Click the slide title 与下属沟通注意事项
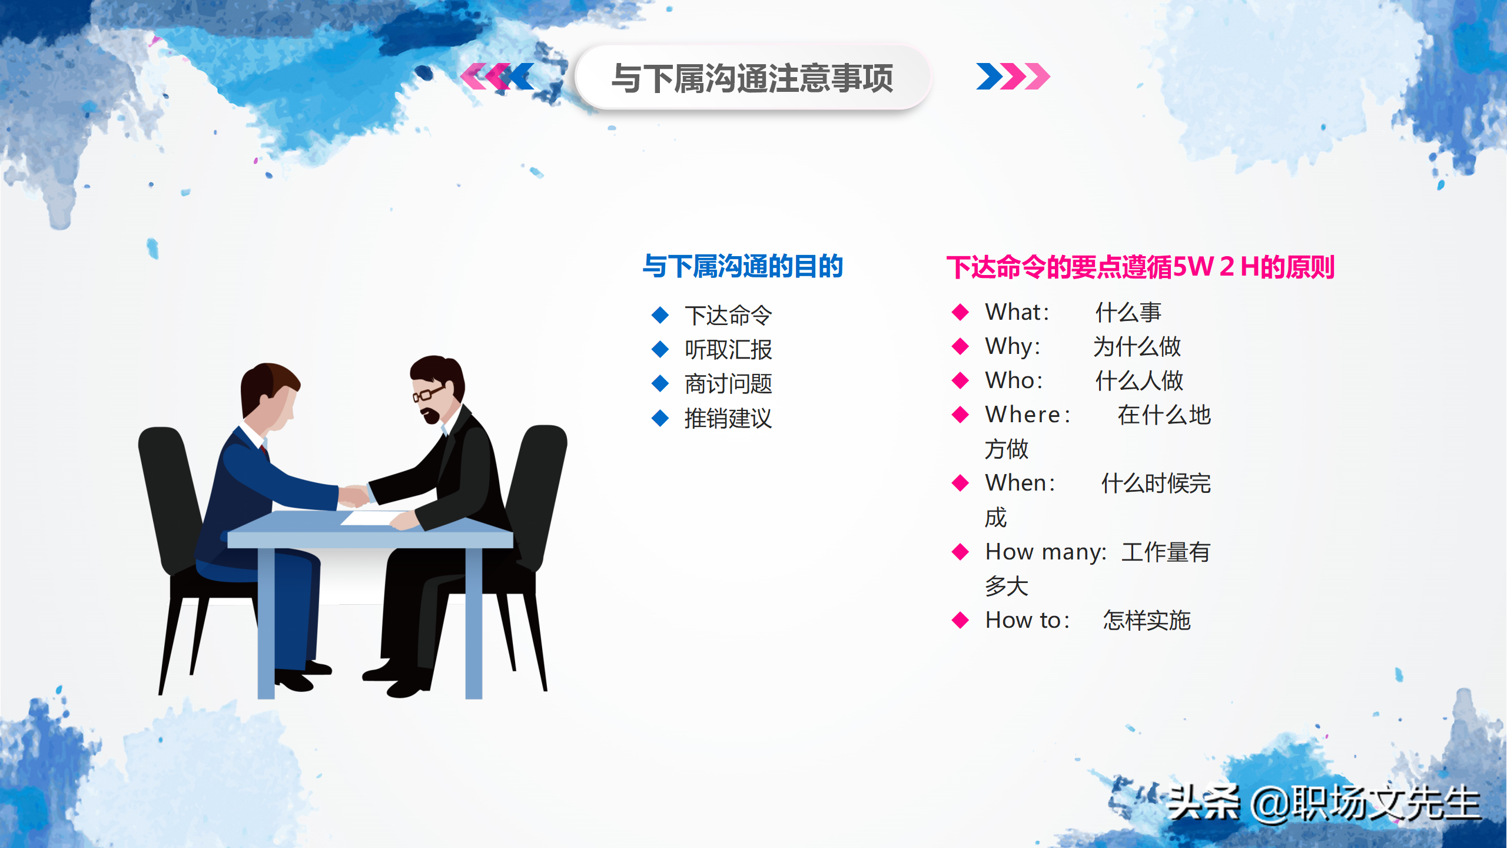(x=752, y=78)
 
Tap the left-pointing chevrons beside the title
(x=497, y=77)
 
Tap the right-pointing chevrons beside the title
(x=1013, y=77)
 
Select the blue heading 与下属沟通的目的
(x=743, y=267)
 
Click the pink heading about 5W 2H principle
(x=1140, y=267)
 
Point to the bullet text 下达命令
(x=728, y=316)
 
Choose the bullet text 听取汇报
(x=728, y=350)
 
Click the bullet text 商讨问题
(x=728, y=384)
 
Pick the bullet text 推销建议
(x=728, y=419)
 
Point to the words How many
(x=1044, y=552)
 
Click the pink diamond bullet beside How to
(x=960, y=620)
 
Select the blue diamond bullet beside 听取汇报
(x=660, y=350)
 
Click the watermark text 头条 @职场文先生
(x=1323, y=803)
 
